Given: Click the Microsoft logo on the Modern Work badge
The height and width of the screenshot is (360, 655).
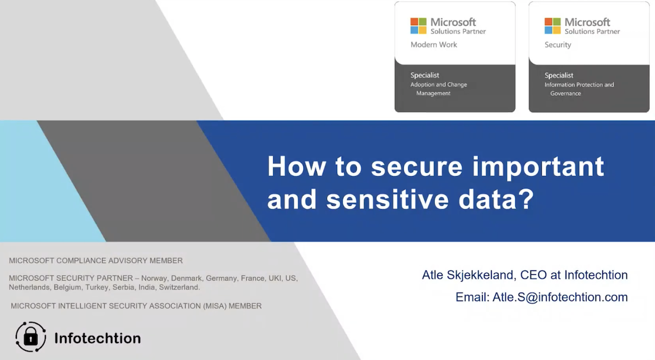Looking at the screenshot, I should [418, 26].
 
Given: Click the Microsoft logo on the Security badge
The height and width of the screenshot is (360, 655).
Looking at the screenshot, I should [552, 26].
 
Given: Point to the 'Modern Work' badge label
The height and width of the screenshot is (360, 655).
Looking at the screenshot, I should [433, 45].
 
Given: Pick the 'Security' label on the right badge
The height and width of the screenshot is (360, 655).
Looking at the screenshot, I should [557, 45].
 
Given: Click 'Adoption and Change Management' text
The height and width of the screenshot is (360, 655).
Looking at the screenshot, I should [439, 89].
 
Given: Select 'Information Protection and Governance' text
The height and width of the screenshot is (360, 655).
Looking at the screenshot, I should [579, 89].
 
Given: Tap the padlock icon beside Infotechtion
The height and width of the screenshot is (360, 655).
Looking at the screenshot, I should [31, 337].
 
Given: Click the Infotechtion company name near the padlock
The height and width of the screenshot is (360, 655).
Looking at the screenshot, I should [97, 338].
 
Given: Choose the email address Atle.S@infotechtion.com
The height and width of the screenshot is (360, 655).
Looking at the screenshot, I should [560, 297].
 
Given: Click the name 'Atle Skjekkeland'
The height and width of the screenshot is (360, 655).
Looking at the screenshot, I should [468, 275].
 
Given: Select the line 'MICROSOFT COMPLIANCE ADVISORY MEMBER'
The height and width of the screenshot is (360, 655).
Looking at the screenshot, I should [96, 261].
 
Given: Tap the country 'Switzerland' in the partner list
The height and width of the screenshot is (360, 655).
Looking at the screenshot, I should [179, 287].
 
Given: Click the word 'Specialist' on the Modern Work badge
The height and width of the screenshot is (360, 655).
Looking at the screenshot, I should [425, 75].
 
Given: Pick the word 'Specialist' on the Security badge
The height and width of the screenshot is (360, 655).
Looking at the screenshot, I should [559, 75].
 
